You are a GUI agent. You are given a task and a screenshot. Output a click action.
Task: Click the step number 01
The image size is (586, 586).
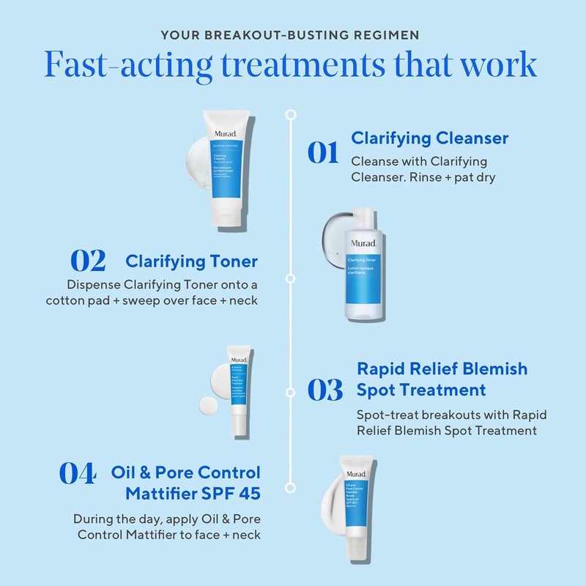click(322, 152)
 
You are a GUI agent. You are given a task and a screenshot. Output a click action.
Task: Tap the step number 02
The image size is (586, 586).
click(88, 261)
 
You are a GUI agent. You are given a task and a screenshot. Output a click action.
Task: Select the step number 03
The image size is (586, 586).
click(324, 389)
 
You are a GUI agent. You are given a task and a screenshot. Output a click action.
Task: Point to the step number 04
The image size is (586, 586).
click(77, 473)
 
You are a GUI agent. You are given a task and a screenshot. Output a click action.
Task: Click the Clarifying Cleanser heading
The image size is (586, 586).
click(430, 138)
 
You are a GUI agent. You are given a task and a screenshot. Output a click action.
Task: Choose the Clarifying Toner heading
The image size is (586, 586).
click(192, 262)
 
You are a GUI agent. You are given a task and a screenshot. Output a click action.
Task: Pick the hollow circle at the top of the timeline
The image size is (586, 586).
click(291, 114)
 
